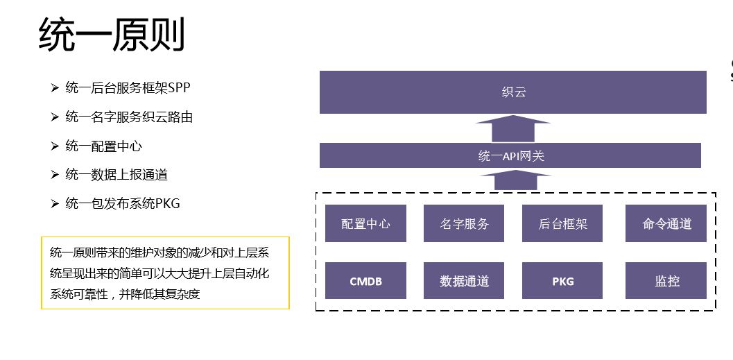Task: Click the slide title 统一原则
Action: (x=112, y=36)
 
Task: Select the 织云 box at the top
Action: (x=512, y=92)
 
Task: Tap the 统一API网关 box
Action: (x=510, y=155)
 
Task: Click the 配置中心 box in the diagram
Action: (x=365, y=223)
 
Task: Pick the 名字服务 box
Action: (x=464, y=223)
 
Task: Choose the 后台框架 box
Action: (x=562, y=223)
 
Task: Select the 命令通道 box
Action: (x=666, y=223)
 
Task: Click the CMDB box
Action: (x=365, y=281)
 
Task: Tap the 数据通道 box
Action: (x=464, y=281)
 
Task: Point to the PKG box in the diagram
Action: (x=562, y=281)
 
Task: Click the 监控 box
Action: (x=666, y=281)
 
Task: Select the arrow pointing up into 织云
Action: (x=513, y=129)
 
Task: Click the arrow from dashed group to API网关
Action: (x=513, y=180)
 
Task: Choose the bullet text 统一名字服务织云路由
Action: (x=129, y=117)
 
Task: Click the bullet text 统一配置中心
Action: (x=104, y=146)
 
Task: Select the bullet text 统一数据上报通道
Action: (x=117, y=175)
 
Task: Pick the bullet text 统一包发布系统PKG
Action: (x=123, y=203)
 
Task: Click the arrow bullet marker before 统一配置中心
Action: (x=55, y=146)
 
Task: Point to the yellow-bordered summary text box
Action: (x=165, y=273)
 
